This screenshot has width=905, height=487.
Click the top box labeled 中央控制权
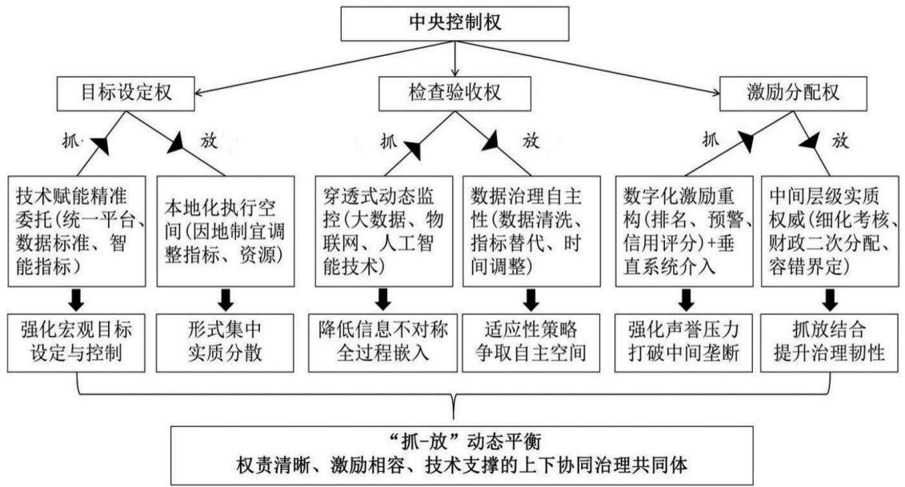(x=455, y=24)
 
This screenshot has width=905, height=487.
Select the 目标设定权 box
(x=126, y=93)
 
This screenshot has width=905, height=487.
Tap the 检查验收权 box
(x=455, y=93)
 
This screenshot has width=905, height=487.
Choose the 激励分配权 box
(x=793, y=93)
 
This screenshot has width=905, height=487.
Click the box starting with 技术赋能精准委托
(x=77, y=231)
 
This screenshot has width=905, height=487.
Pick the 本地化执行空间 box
(x=226, y=231)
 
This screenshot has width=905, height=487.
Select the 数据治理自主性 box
(x=532, y=231)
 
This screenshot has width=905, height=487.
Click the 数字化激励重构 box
(x=684, y=231)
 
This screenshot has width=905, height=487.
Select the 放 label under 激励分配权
(x=839, y=140)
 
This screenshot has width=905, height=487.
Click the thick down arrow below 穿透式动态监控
(x=383, y=299)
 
